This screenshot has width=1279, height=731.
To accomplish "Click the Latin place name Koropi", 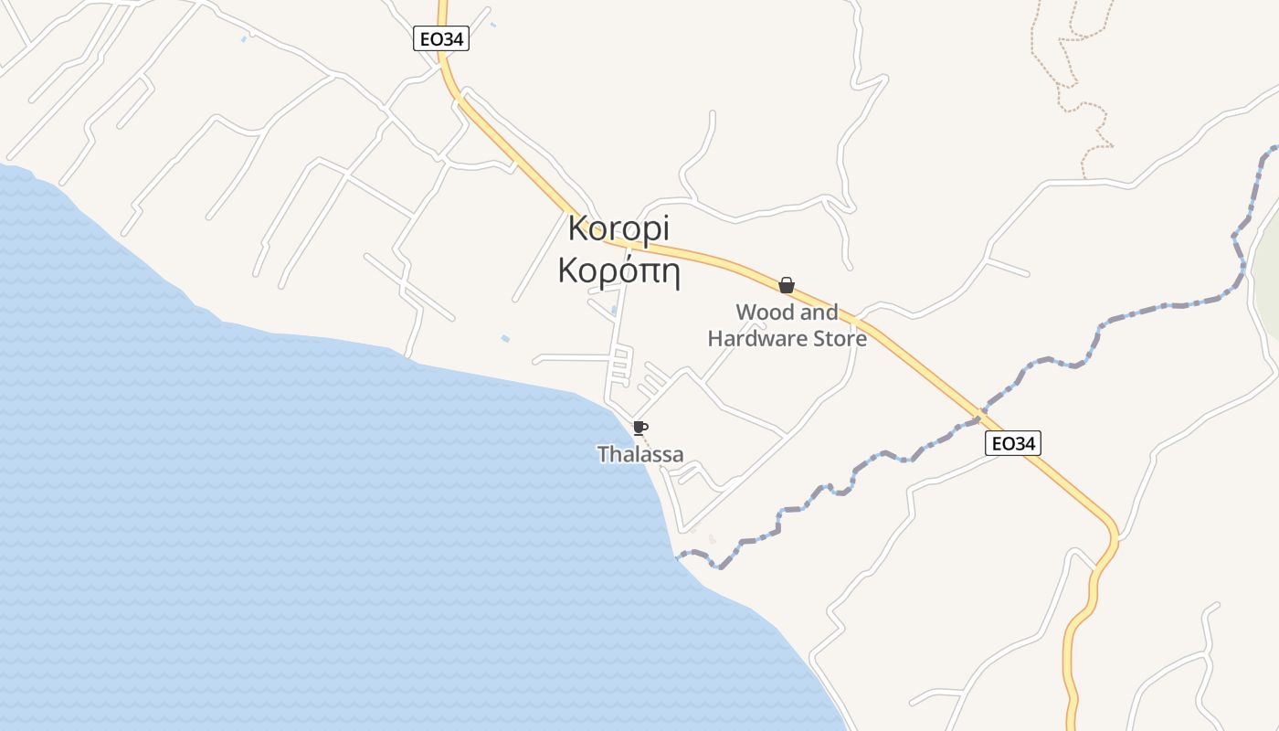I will [x=618, y=229].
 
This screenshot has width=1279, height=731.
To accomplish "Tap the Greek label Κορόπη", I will [x=618, y=271].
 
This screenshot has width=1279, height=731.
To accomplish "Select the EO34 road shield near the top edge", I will [x=441, y=39].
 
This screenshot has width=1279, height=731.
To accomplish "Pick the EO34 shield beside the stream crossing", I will [x=1014, y=444].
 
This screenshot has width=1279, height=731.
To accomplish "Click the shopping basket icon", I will [x=787, y=285].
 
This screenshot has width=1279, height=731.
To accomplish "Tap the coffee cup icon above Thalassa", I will [x=640, y=428].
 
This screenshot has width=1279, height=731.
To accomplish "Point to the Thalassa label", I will [x=640, y=453].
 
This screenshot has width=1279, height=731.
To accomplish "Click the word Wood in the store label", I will [x=766, y=313].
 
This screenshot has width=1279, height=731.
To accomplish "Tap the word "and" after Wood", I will [x=819, y=313].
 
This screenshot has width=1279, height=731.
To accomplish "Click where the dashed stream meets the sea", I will [x=677, y=556].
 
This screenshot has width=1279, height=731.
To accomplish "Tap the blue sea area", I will [x=274, y=503].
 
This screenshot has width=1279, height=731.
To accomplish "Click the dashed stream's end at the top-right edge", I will [x=1274, y=148].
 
